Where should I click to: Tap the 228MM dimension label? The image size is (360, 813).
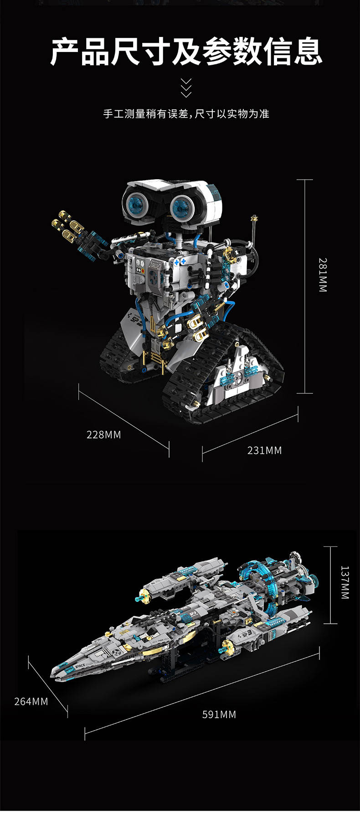point(104,435)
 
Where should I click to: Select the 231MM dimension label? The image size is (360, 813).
point(264,451)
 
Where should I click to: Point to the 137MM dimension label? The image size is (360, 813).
point(345,582)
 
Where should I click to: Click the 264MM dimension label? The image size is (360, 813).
point(31,701)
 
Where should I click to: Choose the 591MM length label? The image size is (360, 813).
point(219,715)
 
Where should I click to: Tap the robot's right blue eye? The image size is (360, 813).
point(183,206)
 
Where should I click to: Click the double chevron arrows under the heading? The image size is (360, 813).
point(186,88)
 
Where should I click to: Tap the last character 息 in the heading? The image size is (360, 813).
point(308,52)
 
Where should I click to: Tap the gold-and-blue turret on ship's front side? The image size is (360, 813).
point(227,647)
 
